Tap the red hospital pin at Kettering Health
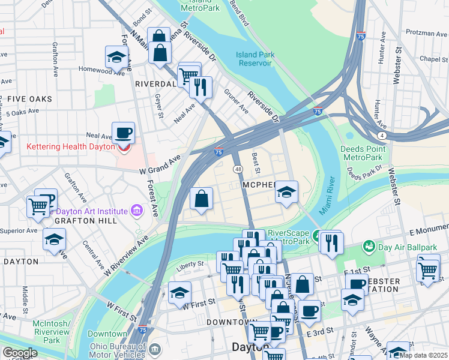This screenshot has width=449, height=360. (124, 146)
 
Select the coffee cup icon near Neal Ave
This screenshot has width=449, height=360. (123, 132)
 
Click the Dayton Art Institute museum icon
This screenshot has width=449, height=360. (136, 211)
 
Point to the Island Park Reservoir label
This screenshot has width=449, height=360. (255, 58)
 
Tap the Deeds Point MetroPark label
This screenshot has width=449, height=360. (361, 153)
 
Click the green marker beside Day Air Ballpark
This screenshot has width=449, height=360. (369, 246)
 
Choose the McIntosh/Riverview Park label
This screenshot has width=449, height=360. (52, 331)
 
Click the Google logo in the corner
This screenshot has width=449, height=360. (20, 353)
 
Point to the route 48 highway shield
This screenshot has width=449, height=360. (238, 170)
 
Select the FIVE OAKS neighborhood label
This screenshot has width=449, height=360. (29, 98)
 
